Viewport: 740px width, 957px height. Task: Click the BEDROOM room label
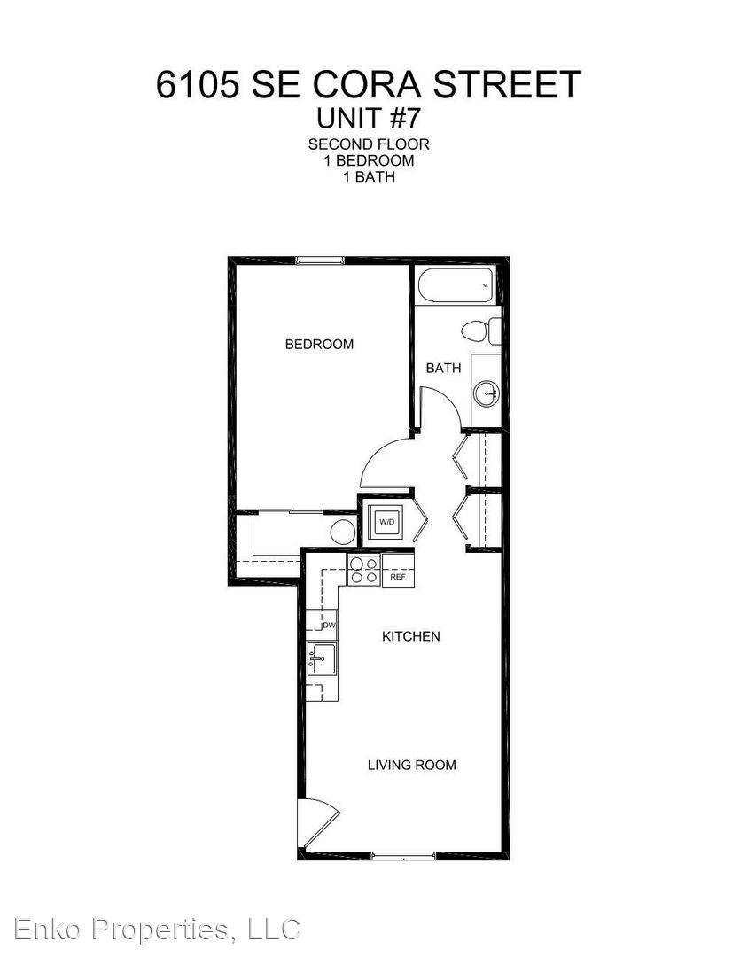[x=319, y=344]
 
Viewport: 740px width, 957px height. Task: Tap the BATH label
[x=443, y=368]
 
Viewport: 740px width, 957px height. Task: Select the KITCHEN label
[x=411, y=636]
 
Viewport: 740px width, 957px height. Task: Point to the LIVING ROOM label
[x=411, y=765]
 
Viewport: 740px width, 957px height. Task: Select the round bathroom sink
[x=487, y=393]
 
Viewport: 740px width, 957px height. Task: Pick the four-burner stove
[x=364, y=570]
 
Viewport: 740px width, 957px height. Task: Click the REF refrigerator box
[x=398, y=577]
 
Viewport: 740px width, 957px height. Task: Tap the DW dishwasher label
[x=329, y=625]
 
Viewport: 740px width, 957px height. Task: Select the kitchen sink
[x=321, y=659]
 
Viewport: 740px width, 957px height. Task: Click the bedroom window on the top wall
[x=320, y=261]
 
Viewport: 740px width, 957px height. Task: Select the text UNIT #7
[x=368, y=119]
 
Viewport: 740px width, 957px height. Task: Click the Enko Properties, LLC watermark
[x=157, y=930]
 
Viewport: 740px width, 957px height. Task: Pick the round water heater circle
[x=343, y=531]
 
